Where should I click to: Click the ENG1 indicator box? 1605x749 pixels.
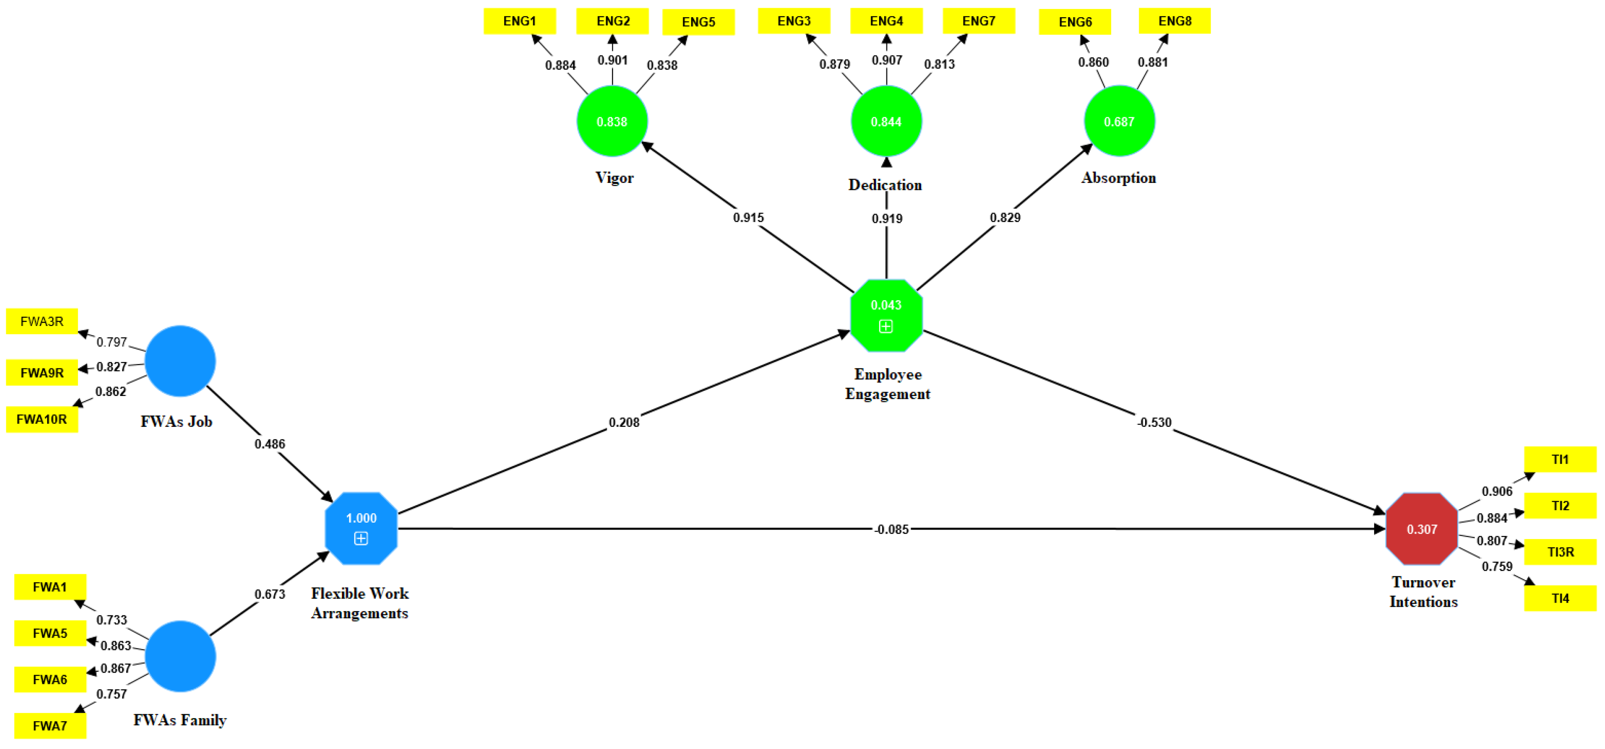click(519, 21)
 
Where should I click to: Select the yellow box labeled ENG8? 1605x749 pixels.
click(1174, 21)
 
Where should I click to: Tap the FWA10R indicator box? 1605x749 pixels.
click(42, 419)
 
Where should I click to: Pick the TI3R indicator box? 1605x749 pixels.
click(1560, 552)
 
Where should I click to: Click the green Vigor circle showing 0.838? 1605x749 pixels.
click(612, 121)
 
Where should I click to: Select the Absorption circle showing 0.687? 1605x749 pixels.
click(1119, 121)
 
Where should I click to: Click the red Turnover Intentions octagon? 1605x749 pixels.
click(1421, 529)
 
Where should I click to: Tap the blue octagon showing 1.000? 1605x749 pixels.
click(361, 528)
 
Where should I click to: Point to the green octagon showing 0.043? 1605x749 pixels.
click(886, 315)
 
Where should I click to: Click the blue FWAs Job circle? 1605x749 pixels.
click(180, 361)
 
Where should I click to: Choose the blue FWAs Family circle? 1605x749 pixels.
click(180, 656)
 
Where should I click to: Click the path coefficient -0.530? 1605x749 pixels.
click(1154, 422)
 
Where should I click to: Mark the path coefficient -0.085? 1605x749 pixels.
click(891, 530)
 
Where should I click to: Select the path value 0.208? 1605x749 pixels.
click(624, 422)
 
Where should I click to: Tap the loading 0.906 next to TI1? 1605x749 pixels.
click(1496, 491)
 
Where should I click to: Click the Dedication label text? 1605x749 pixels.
click(885, 185)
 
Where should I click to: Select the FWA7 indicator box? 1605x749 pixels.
click(50, 726)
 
